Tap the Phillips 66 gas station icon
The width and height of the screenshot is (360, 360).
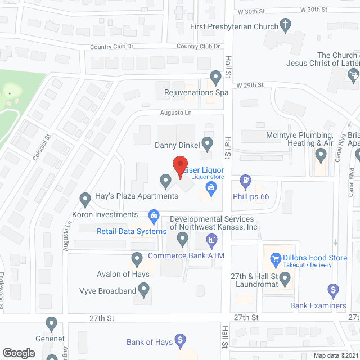(x=246, y=181)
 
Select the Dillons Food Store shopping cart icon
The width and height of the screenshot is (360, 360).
(x=276, y=259)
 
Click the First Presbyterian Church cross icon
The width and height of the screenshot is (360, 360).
(x=286, y=25)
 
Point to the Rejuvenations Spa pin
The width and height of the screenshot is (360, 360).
(x=215, y=76)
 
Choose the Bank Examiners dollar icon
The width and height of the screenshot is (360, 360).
(x=333, y=290)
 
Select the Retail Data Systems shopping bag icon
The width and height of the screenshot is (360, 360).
(x=152, y=215)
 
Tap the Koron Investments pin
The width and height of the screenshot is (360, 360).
(x=85, y=199)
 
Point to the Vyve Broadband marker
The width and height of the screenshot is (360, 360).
(x=144, y=290)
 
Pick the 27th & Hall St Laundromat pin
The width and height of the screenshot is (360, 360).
(x=285, y=277)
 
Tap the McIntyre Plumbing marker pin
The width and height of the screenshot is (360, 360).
(x=321, y=154)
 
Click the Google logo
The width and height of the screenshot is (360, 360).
(x=18, y=353)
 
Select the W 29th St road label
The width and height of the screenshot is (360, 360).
(x=250, y=84)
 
